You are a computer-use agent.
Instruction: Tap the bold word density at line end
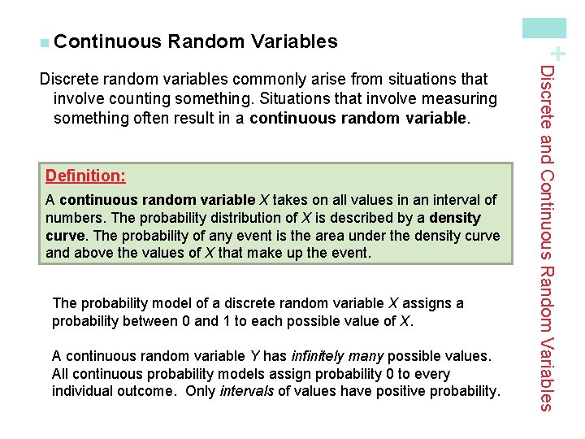pyautogui.click(x=455, y=218)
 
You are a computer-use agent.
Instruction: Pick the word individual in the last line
pyautogui.click(x=82, y=391)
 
